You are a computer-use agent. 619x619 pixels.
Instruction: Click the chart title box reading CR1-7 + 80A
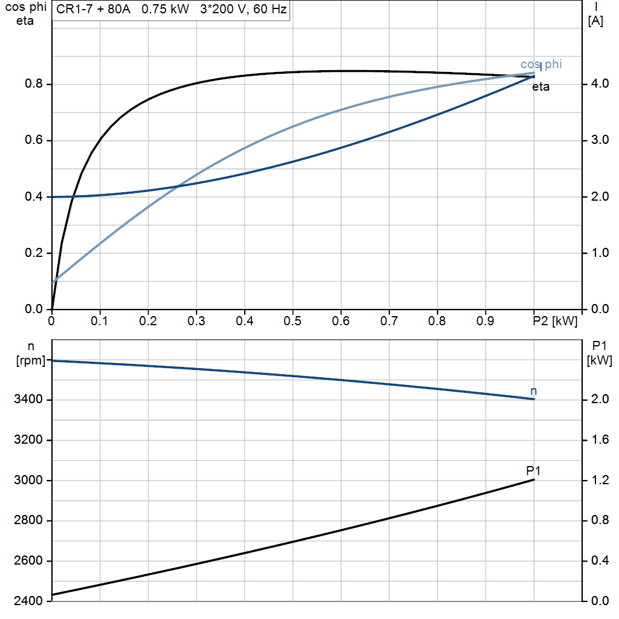click(171, 10)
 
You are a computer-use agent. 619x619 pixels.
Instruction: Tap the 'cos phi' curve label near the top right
click(541, 65)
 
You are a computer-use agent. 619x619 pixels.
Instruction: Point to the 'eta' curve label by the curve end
click(540, 87)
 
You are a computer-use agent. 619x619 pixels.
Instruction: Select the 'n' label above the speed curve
click(533, 391)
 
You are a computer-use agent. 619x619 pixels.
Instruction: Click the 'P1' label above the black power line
click(533, 470)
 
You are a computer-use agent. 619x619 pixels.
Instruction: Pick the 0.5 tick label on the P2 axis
click(293, 321)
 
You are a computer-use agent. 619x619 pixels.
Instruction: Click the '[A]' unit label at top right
click(595, 21)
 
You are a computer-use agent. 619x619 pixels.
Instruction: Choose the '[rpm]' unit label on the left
click(31, 361)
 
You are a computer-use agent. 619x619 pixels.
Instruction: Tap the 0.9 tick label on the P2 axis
click(485, 321)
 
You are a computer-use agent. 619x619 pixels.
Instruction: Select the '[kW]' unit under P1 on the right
click(599, 361)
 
